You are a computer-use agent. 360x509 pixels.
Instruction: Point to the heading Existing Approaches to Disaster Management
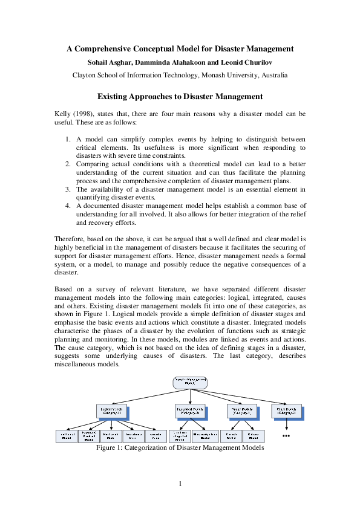click(x=180, y=96)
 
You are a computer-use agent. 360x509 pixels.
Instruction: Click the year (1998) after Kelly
click(x=83, y=113)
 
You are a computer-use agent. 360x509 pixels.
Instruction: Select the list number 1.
click(x=68, y=139)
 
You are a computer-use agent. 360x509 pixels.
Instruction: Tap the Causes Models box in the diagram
click(x=241, y=411)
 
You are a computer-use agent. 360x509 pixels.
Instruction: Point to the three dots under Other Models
click(x=286, y=436)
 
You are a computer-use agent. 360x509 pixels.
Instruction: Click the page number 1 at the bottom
click(x=180, y=483)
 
